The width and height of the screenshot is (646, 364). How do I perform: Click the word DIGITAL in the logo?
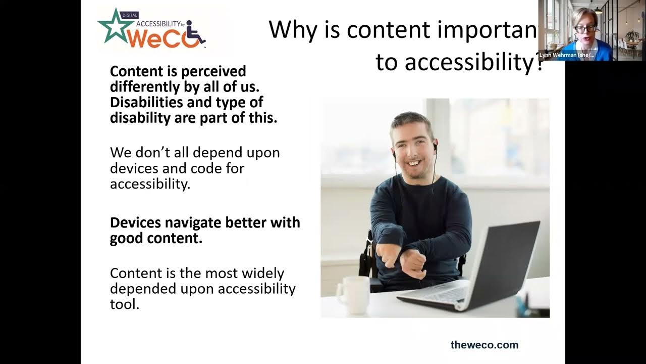pos(130,16)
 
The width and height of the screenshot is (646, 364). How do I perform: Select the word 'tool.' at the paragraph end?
pos(124,304)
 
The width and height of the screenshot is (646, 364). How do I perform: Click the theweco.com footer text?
pos(484,345)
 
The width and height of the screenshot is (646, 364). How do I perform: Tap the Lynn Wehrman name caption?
pos(566,55)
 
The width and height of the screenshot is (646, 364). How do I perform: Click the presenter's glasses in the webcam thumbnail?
pos(584,29)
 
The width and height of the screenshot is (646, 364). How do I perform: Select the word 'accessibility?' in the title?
pos(458,63)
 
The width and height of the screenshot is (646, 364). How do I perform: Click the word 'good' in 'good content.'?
pos(127,239)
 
